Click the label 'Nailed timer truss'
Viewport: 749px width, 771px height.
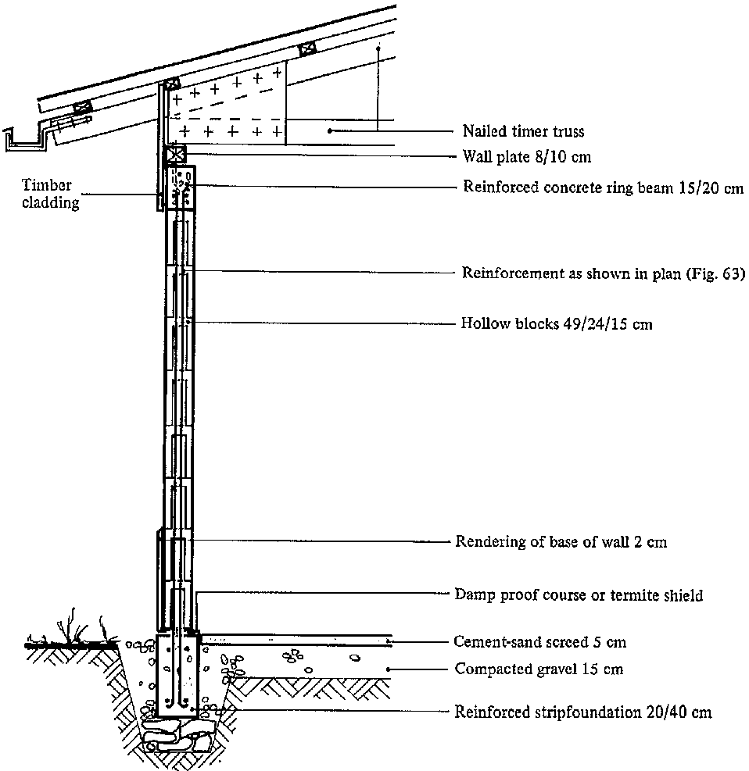coord(523,132)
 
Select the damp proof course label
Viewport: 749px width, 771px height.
coord(579,595)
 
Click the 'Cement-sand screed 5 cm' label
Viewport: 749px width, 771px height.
coord(540,643)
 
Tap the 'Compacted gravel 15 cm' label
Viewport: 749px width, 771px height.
coord(539,669)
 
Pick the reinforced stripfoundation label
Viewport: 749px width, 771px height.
coord(583,712)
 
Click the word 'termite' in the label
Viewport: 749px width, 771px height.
coord(636,595)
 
